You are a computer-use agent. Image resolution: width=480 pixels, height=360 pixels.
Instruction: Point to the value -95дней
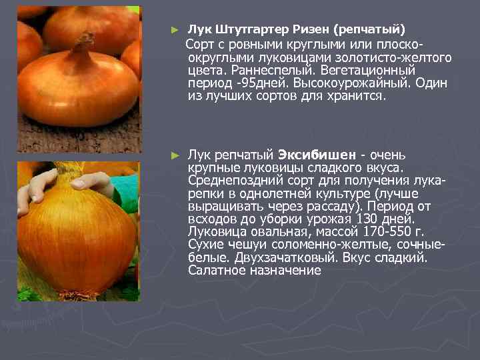pyautogui.click(x=249, y=83)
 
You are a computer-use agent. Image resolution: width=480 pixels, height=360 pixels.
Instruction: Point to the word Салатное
pyautogui.click(x=215, y=271)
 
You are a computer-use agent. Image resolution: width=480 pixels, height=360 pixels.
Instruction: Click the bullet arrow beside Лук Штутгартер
pyautogui.click(x=175, y=30)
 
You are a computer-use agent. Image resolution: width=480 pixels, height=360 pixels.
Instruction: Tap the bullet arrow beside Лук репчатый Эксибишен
pyautogui.click(x=175, y=155)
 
